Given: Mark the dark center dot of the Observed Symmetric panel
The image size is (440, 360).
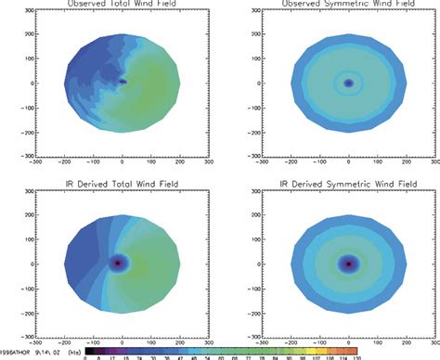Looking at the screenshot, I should pyautogui.click(x=348, y=83).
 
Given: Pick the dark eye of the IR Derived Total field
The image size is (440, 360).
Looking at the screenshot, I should pyautogui.click(x=118, y=263).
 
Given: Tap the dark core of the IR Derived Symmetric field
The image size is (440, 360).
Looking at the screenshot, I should pyautogui.click(x=348, y=264).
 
